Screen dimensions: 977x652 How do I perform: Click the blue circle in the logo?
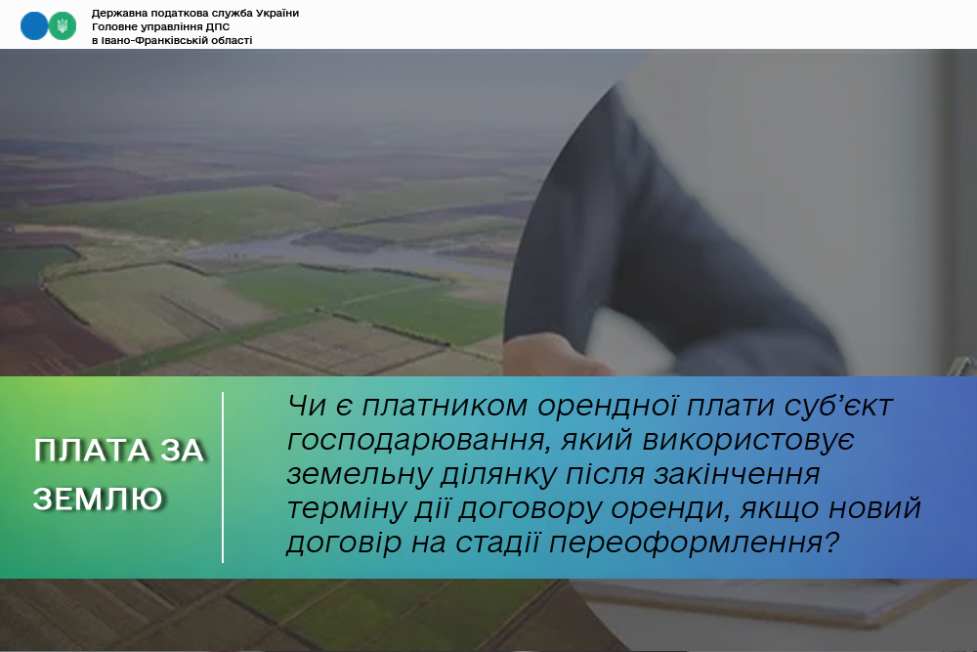coord(33,26)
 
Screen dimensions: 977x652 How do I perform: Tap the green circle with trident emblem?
coord(63,26)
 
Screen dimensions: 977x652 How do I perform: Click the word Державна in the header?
coord(116,13)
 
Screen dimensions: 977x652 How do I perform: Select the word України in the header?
coord(277,13)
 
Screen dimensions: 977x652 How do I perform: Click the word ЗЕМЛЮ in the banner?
coord(99,499)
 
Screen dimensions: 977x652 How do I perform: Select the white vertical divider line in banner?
coord(223,477)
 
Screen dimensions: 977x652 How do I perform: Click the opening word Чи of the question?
coord(307,406)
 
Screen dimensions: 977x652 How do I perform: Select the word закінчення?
coord(736,474)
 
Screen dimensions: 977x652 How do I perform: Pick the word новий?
coord(874,508)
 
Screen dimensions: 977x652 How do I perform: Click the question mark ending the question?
coord(831,543)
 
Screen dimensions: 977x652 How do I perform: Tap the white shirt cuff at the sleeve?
coord(626,341)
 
